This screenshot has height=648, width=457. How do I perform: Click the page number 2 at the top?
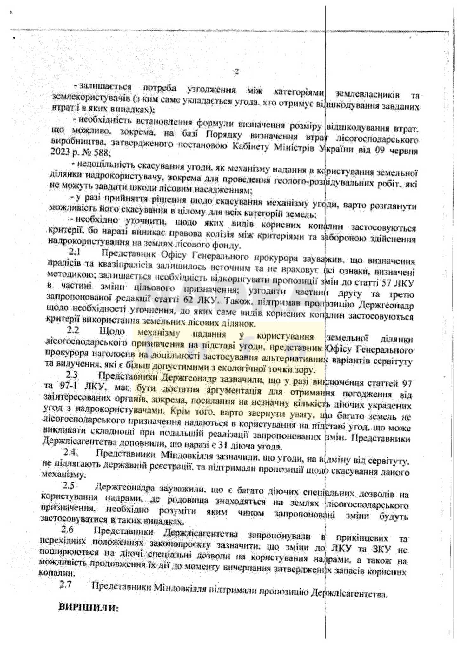click(236, 71)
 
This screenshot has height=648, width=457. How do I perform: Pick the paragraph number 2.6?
click(68, 530)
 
